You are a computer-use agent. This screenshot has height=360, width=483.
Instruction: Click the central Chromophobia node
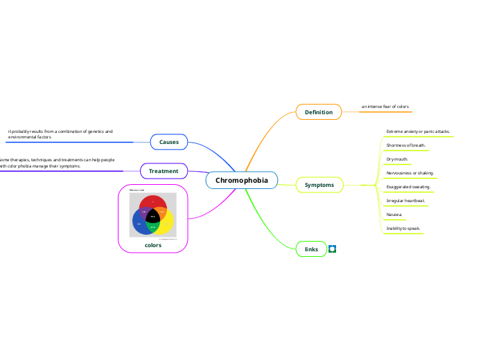[x=241, y=181]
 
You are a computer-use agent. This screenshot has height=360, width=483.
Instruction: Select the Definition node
[x=318, y=112]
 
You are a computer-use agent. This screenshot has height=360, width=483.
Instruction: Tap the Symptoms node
[x=319, y=185]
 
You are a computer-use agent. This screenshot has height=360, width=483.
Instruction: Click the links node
[x=311, y=249]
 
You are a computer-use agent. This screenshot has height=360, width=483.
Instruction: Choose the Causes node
[x=169, y=142]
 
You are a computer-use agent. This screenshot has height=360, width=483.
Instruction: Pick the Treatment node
[x=164, y=170]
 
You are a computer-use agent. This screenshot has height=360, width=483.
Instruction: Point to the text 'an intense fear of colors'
[x=385, y=107]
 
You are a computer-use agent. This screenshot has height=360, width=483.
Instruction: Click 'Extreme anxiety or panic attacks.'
[x=418, y=131]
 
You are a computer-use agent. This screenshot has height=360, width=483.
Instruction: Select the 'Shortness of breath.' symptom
[x=406, y=145]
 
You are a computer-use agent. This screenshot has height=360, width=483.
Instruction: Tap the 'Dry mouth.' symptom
[x=397, y=159]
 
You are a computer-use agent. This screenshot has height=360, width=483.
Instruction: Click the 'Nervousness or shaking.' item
[x=410, y=172]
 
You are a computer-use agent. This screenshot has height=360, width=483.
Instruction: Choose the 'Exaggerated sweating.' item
[x=408, y=187]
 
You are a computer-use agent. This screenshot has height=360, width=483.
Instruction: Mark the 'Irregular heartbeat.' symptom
[x=405, y=200]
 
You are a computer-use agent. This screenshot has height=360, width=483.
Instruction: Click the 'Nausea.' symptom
[x=394, y=214]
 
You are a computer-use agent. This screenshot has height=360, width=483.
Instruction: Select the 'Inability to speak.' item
[x=403, y=228]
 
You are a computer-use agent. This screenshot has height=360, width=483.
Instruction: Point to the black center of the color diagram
[x=153, y=217]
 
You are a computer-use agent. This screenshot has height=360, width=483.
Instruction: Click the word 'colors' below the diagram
[x=153, y=245]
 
